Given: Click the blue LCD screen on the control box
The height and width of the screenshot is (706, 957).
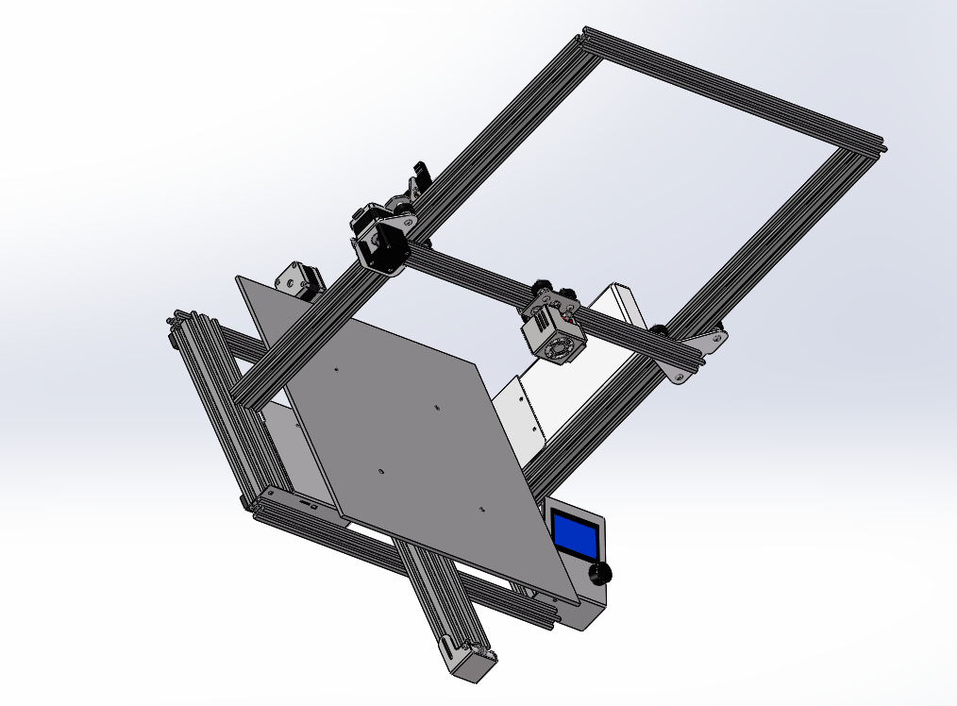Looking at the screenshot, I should tap(574, 533).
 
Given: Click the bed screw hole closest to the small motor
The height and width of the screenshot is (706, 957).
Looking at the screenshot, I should tap(336, 371).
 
